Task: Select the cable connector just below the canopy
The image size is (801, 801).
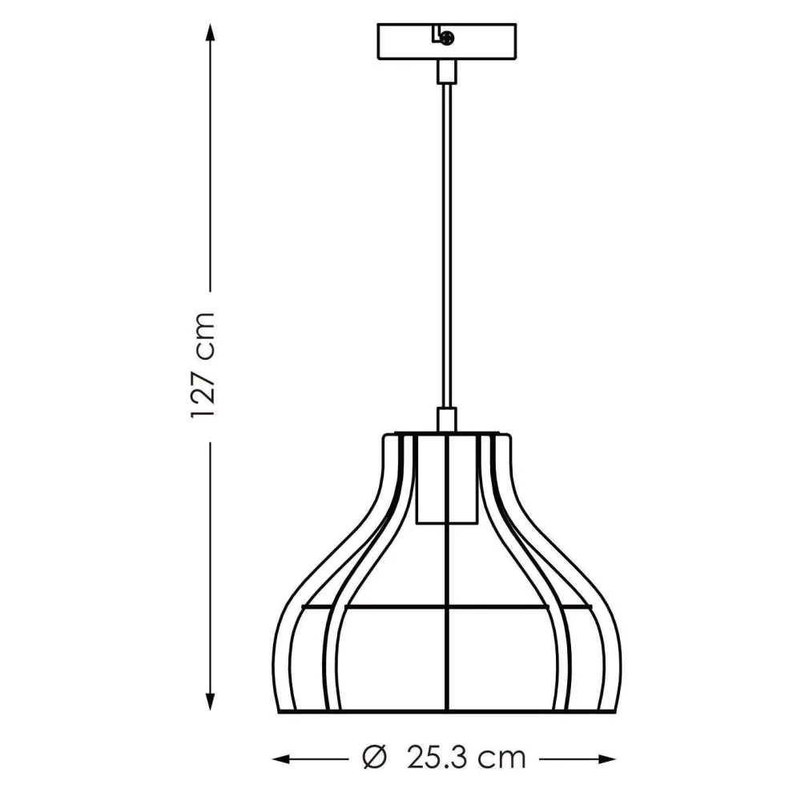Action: click(x=446, y=72)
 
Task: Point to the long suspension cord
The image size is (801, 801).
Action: click(x=446, y=240)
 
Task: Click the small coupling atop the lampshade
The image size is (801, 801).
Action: click(x=446, y=420)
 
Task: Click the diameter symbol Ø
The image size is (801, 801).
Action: click(x=375, y=755)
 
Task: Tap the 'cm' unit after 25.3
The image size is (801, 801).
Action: click(x=503, y=755)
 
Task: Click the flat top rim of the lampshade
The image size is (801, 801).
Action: click(x=446, y=435)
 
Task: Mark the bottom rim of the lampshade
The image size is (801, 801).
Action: click(x=446, y=710)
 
